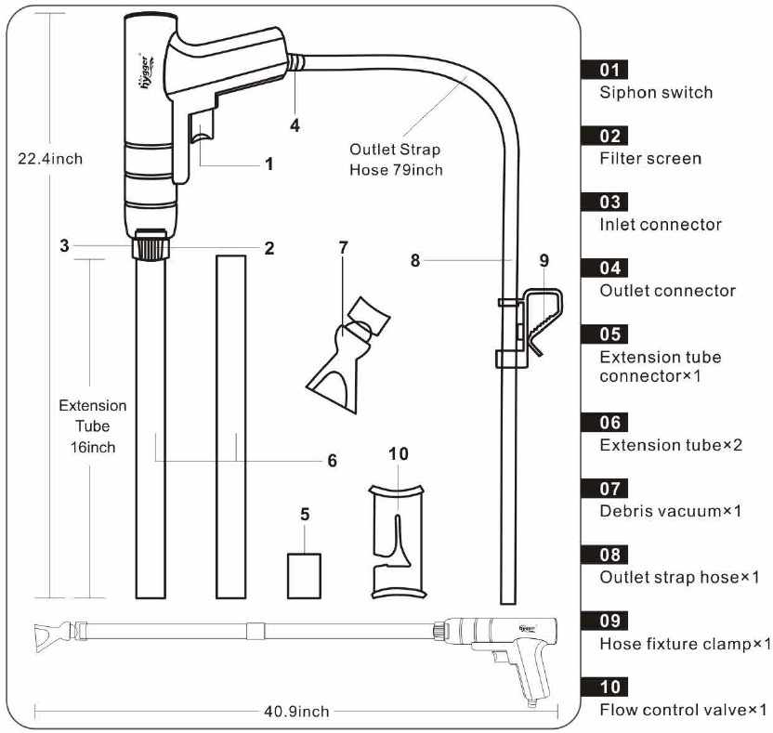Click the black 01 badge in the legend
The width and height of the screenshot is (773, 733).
point(604,69)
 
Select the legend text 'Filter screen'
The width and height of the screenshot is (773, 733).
point(650,159)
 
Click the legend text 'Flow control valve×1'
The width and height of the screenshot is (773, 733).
point(684,710)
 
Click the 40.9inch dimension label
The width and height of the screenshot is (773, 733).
point(298,712)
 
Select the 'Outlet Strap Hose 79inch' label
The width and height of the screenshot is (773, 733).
point(396,159)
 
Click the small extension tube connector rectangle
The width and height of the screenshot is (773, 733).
point(304,576)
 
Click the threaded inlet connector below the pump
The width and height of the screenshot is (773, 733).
point(151,246)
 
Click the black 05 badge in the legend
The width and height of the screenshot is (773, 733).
point(604,334)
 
